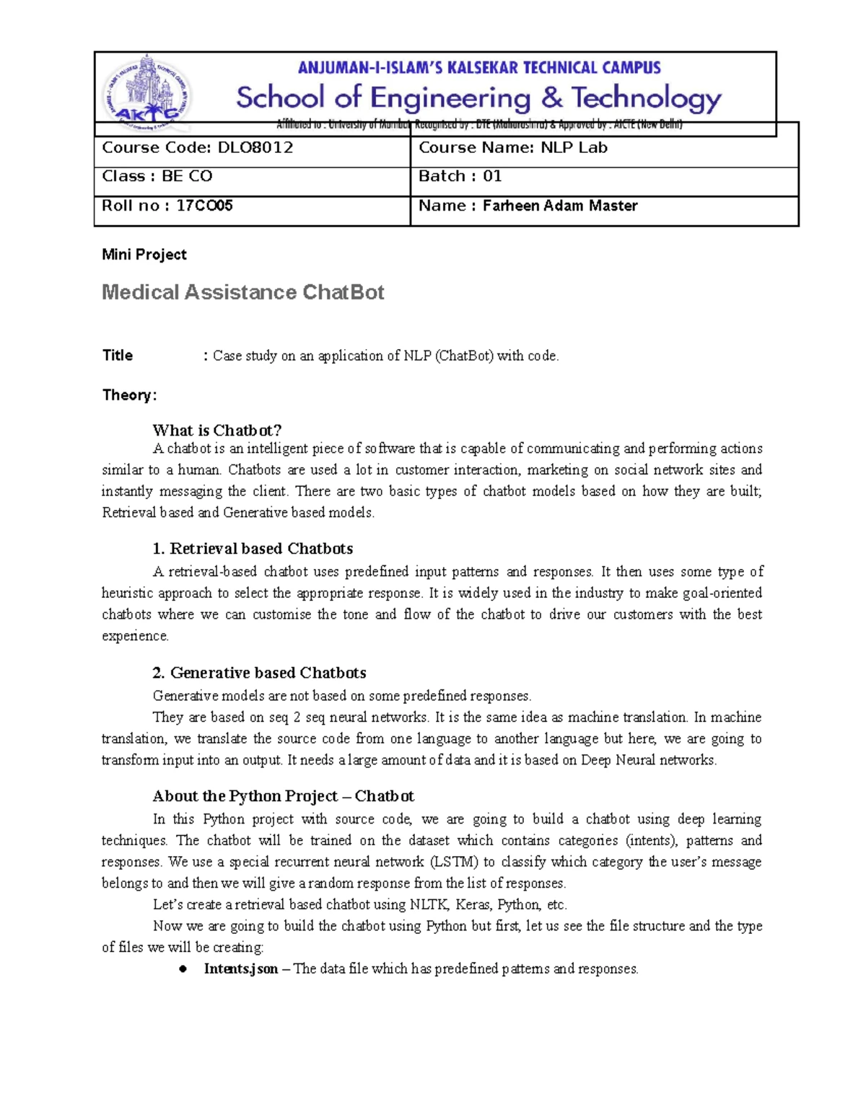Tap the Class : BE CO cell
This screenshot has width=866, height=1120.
click(x=251, y=177)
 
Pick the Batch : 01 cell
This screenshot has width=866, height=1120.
click(x=603, y=177)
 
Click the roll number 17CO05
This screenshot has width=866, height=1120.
click(x=204, y=206)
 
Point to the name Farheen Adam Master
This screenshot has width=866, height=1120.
click(x=559, y=206)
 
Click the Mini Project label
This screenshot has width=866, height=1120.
click(x=144, y=255)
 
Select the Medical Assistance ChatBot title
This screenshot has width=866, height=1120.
click(x=242, y=292)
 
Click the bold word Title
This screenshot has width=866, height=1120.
click(x=118, y=356)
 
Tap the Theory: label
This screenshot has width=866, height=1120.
click(x=129, y=395)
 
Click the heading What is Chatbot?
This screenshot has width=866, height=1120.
click(x=216, y=431)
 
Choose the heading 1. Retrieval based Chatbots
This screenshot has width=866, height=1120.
click(x=253, y=549)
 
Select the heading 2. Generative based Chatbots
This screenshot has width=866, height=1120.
click(x=259, y=673)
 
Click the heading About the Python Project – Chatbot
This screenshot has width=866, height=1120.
click(x=283, y=796)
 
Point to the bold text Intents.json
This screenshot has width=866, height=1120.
click(x=240, y=969)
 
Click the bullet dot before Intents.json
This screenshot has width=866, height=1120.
click(x=184, y=969)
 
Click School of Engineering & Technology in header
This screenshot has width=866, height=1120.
click(x=478, y=97)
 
